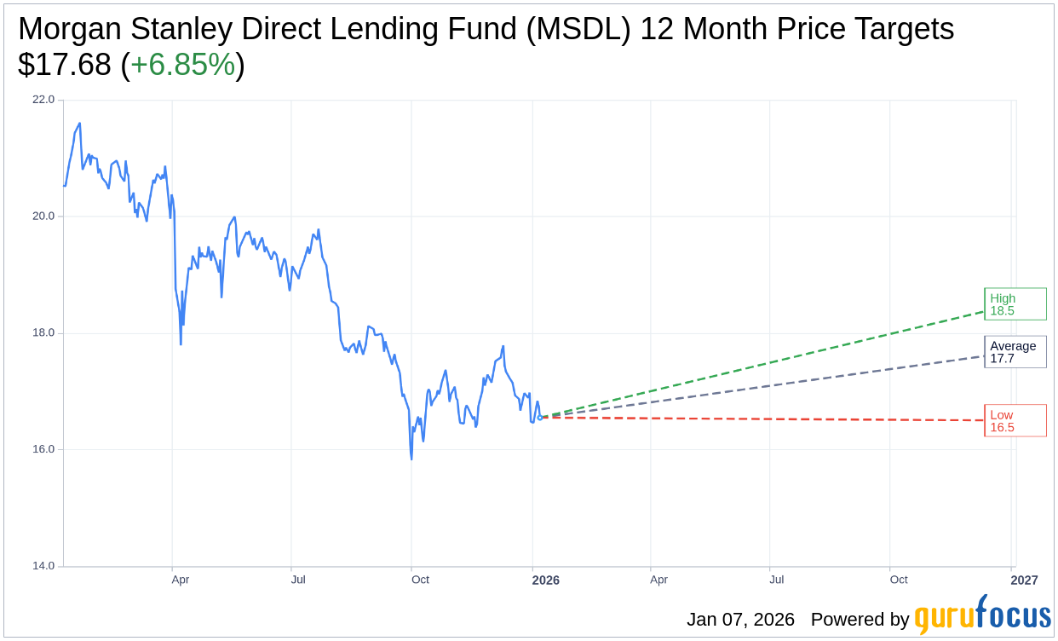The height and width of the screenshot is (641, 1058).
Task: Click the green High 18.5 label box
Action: pos(1015,304)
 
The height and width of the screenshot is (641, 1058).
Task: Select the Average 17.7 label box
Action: pos(1015,352)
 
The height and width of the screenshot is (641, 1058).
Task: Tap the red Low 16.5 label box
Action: pos(1015,421)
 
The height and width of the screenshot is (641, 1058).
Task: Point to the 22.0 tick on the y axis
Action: pos(43,100)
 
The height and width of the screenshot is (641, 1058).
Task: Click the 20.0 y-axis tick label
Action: pos(43,217)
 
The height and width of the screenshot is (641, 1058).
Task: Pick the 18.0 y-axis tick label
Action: pos(43,333)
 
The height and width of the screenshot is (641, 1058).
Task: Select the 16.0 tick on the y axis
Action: pos(43,450)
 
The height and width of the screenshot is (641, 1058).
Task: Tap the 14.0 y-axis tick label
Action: pos(43,566)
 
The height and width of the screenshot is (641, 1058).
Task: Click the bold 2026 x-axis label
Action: pos(545,580)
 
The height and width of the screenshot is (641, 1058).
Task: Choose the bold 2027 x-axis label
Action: pos(1024,580)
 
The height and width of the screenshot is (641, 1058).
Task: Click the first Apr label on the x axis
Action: pos(180,580)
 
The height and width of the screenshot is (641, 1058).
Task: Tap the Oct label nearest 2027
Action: pos(899,580)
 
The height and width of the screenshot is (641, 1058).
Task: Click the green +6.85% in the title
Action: pos(182,65)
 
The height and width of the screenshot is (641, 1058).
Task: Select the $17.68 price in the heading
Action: pos(64,65)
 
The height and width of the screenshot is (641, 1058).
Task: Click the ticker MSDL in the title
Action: pos(578,29)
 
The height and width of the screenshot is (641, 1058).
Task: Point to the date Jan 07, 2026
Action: pos(740,620)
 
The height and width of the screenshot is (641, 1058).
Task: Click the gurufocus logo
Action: pos(982,615)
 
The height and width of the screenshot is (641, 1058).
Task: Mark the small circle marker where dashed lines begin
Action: pos(539,418)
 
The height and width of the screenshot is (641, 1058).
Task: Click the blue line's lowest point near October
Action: pos(411,459)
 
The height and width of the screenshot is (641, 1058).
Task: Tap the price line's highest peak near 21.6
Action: pos(79,124)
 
